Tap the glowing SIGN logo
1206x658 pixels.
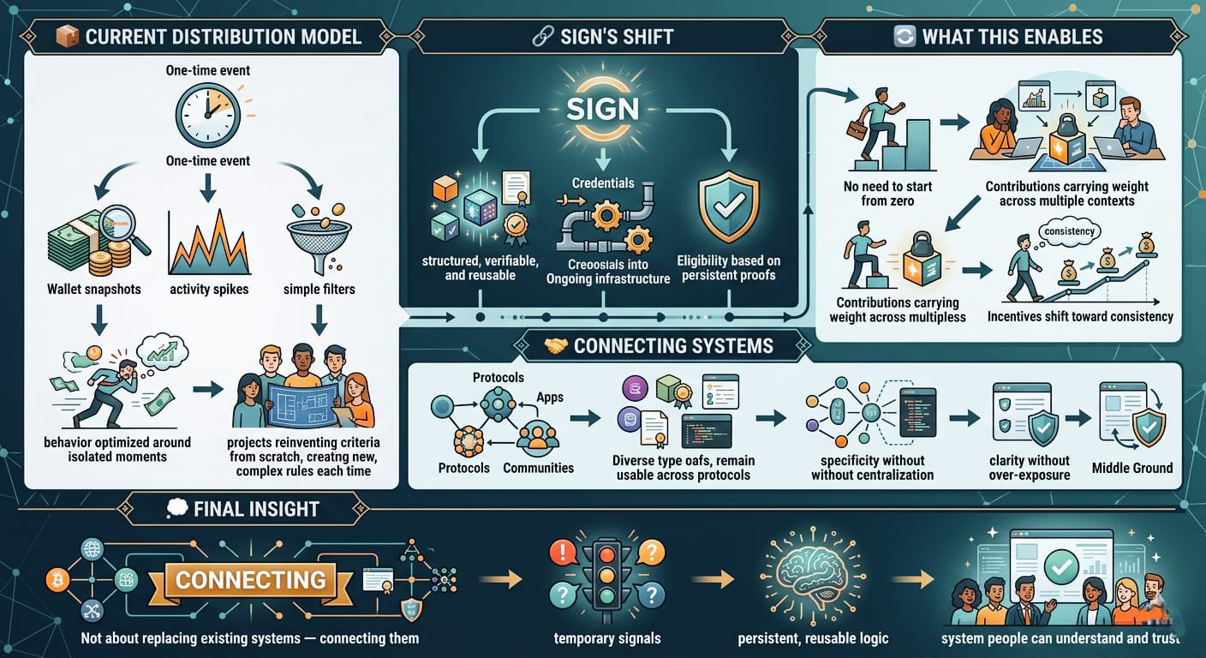(x=602, y=108)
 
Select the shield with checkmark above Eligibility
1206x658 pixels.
(x=728, y=206)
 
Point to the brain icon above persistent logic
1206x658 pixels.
(x=811, y=577)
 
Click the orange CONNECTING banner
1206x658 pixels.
(x=250, y=580)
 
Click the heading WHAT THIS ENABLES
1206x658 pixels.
(x=1012, y=37)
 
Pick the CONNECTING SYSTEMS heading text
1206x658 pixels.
(x=673, y=346)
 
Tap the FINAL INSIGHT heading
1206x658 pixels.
(x=256, y=509)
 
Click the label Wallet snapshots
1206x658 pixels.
(x=94, y=290)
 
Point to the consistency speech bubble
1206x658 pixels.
(x=1069, y=231)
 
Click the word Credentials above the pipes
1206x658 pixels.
(x=603, y=183)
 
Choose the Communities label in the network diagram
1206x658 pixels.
(x=538, y=468)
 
